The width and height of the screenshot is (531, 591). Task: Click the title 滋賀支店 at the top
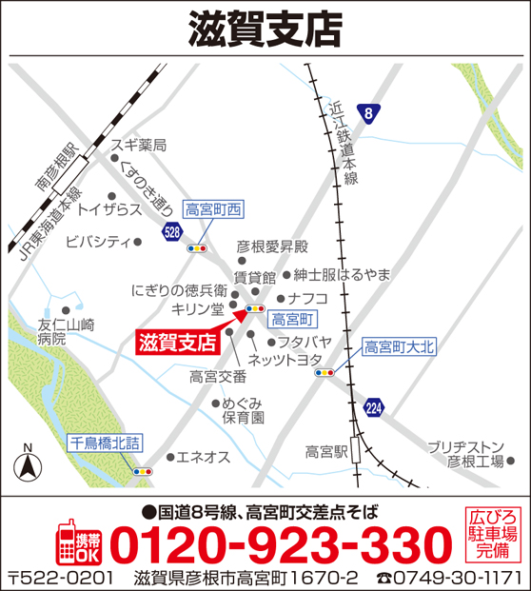(x=265, y=29)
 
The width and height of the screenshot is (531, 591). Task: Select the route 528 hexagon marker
(x=171, y=231)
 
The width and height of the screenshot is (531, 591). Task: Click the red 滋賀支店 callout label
(x=176, y=339)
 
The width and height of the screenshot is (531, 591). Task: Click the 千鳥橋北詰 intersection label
(x=105, y=443)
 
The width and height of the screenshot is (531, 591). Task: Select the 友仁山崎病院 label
(x=66, y=331)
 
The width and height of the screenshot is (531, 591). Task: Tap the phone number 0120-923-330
(x=281, y=545)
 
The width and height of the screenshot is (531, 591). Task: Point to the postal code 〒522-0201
(x=61, y=578)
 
